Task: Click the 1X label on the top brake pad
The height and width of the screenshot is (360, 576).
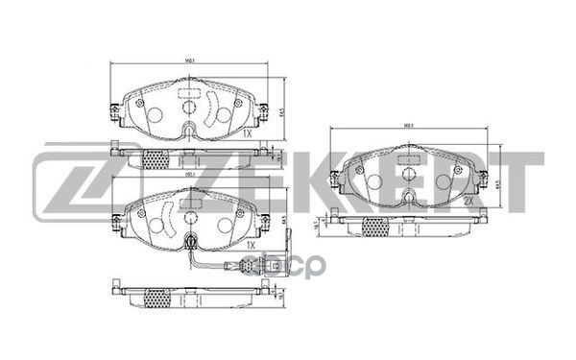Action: (248, 135)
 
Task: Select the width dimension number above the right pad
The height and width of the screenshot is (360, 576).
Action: (408, 126)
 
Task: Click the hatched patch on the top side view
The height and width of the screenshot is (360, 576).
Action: (154, 159)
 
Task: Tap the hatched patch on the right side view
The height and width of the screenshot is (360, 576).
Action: (375, 227)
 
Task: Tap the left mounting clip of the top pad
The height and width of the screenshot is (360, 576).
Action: (117, 113)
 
